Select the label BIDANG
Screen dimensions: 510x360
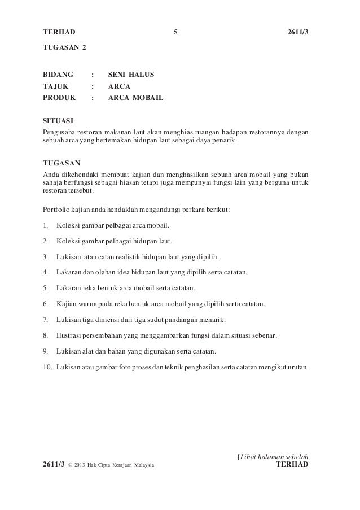click(x=59, y=74)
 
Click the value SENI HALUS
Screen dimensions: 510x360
click(x=131, y=74)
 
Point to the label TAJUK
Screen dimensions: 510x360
click(x=56, y=86)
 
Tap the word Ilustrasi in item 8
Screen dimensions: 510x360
click(x=70, y=336)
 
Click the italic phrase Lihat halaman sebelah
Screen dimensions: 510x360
click(x=275, y=455)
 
